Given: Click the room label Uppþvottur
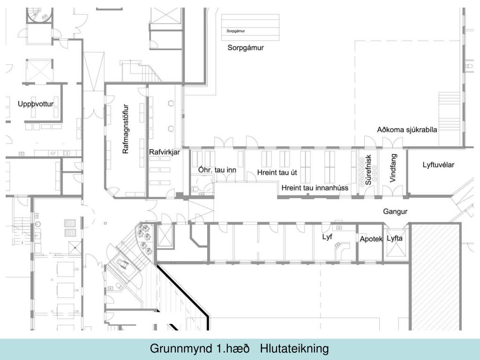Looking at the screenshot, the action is coord(36,104).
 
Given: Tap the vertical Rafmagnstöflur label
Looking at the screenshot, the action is coord(126,129).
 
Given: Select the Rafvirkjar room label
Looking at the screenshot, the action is coord(165,152).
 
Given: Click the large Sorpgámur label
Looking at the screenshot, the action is coord(246,48).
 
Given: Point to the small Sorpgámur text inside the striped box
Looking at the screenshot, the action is coord(236,31).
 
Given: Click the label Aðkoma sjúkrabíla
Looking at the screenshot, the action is coord(407,130).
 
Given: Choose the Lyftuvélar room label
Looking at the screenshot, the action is coord(438,165).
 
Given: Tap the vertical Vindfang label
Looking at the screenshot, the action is coord(393,168).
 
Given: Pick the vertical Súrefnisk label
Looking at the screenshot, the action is coord(368,170).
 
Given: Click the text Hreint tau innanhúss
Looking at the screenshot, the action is coord(315,188).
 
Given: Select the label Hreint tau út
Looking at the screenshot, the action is coord(277,172).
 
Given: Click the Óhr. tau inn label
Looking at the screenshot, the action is coord(217,170).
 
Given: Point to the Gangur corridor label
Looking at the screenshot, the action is coord(395,211).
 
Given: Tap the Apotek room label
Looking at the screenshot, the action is coord(371,239).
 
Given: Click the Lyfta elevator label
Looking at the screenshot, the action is coord(395,239).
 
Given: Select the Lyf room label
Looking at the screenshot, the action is coord(327,237).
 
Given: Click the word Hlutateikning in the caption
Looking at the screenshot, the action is coord(294,349).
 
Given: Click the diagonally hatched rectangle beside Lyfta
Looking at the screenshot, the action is coord(435,277).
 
